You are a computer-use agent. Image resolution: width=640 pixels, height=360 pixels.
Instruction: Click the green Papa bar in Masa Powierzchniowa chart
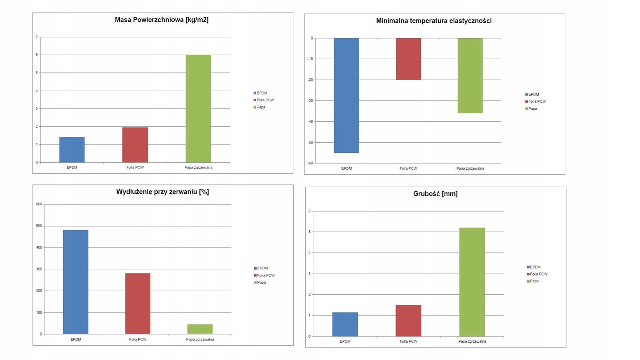point(198,108)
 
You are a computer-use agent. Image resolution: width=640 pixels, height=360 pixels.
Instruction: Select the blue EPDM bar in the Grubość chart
point(345,324)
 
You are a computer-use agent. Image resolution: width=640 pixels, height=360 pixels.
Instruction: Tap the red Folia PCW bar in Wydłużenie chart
point(138,304)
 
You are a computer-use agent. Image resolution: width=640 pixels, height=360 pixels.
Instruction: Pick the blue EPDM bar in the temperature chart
point(346,96)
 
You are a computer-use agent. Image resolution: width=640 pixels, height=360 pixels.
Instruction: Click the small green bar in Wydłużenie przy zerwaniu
point(200,329)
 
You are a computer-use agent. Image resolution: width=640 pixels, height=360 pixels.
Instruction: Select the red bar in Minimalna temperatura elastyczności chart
point(408,59)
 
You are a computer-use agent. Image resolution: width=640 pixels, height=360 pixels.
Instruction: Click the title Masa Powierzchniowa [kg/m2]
point(162,20)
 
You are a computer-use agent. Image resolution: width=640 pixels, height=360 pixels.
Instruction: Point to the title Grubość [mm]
point(435,194)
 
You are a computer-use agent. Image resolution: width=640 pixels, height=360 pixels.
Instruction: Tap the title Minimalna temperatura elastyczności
point(434,20)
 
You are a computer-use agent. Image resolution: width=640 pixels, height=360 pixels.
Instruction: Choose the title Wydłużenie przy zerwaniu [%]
point(163,192)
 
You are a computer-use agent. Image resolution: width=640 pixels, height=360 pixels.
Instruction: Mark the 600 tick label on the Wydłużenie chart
point(38,204)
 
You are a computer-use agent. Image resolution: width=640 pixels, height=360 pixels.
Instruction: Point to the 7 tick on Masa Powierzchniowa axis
point(37,37)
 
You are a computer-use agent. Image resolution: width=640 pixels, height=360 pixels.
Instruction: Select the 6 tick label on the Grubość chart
point(309,211)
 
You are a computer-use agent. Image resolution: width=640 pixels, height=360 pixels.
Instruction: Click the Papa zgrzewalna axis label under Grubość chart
point(472,342)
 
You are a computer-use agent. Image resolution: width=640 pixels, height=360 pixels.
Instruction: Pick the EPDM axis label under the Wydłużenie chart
point(76,340)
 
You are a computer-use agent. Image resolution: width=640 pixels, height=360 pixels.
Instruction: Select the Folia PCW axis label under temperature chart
point(408,168)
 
